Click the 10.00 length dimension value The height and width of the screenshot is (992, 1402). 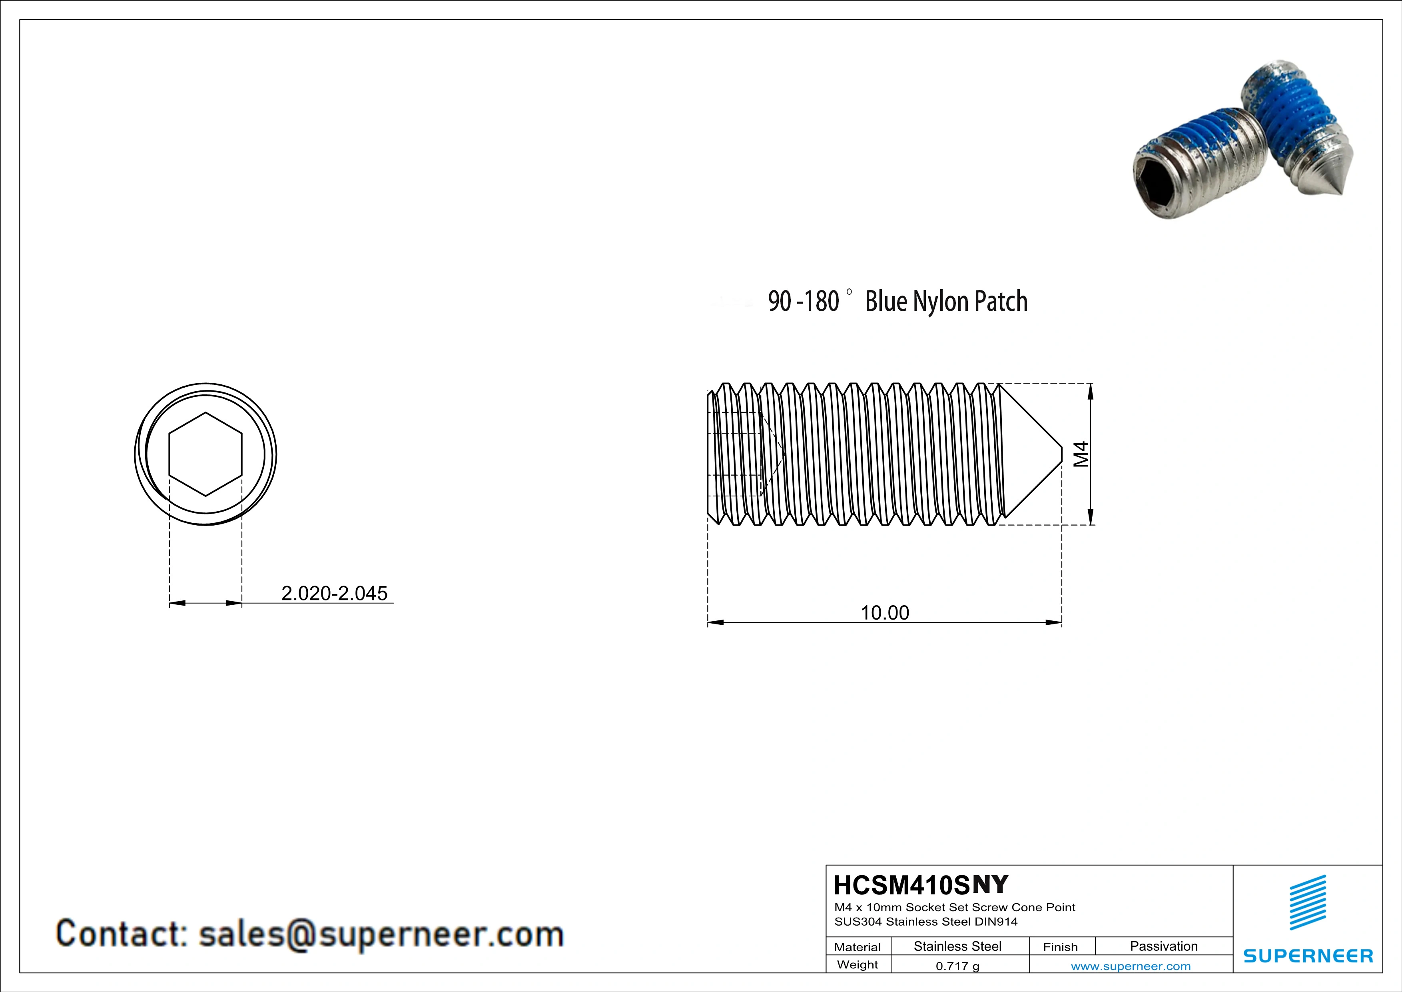pyautogui.click(x=884, y=613)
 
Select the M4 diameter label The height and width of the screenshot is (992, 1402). pyautogui.click(x=1081, y=454)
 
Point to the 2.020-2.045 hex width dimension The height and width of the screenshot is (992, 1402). pyautogui.click(x=334, y=593)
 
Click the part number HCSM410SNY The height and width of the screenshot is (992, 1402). pyautogui.click(x=921, y=884)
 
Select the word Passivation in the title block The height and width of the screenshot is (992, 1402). pyautogui.click(x=1163, y=946)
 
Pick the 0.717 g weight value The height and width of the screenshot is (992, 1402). pyautogui.click(x=957, y=966)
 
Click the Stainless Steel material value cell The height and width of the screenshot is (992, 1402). pyautogui.click(x=957, y=946)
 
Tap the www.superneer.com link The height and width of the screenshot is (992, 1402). pyautogui.click(x=1130, y=966)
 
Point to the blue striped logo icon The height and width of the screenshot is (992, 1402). pyautogui.click(x=1308, y=902)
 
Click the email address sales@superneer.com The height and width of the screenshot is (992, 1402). pyautogui.click(x=381, y=934)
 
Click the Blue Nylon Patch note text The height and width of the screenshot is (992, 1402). pyautogui.click(x=946, y=302)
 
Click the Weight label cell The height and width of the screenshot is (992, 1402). pyautogui.click(x=858, y=964)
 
